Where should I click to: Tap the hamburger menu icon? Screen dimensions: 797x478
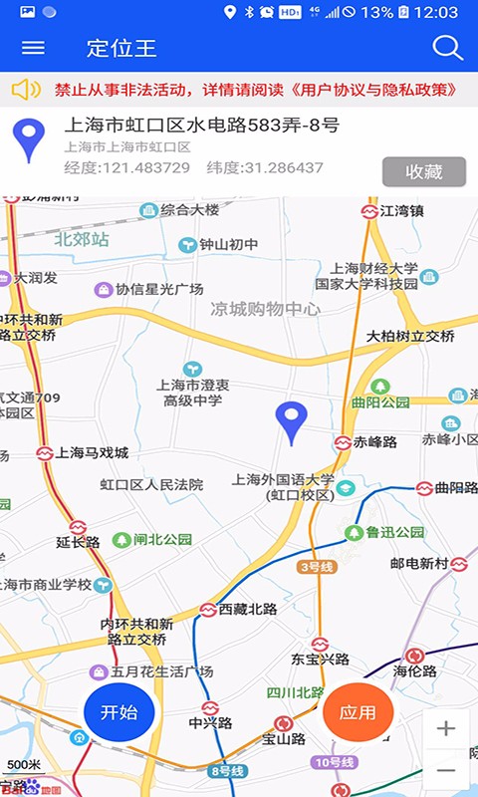[33, 48]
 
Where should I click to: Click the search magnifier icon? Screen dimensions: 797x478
[447, 48]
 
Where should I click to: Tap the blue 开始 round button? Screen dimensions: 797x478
[119, 712]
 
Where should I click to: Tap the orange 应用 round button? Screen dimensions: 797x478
[358, 712]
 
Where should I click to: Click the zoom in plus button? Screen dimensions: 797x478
[445, 728]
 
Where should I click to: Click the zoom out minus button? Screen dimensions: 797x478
[445, 770]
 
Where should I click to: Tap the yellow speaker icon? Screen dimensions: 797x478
[26, 90]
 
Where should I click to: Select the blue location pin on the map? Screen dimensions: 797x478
[291, 422]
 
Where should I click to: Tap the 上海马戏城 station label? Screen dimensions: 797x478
[93, 453]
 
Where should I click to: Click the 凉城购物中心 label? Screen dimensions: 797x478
[265, 310]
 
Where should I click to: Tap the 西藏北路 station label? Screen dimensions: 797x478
[247, 609]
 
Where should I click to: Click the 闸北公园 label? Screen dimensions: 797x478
[162, 540]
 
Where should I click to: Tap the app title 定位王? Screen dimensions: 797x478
[121, 48]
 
